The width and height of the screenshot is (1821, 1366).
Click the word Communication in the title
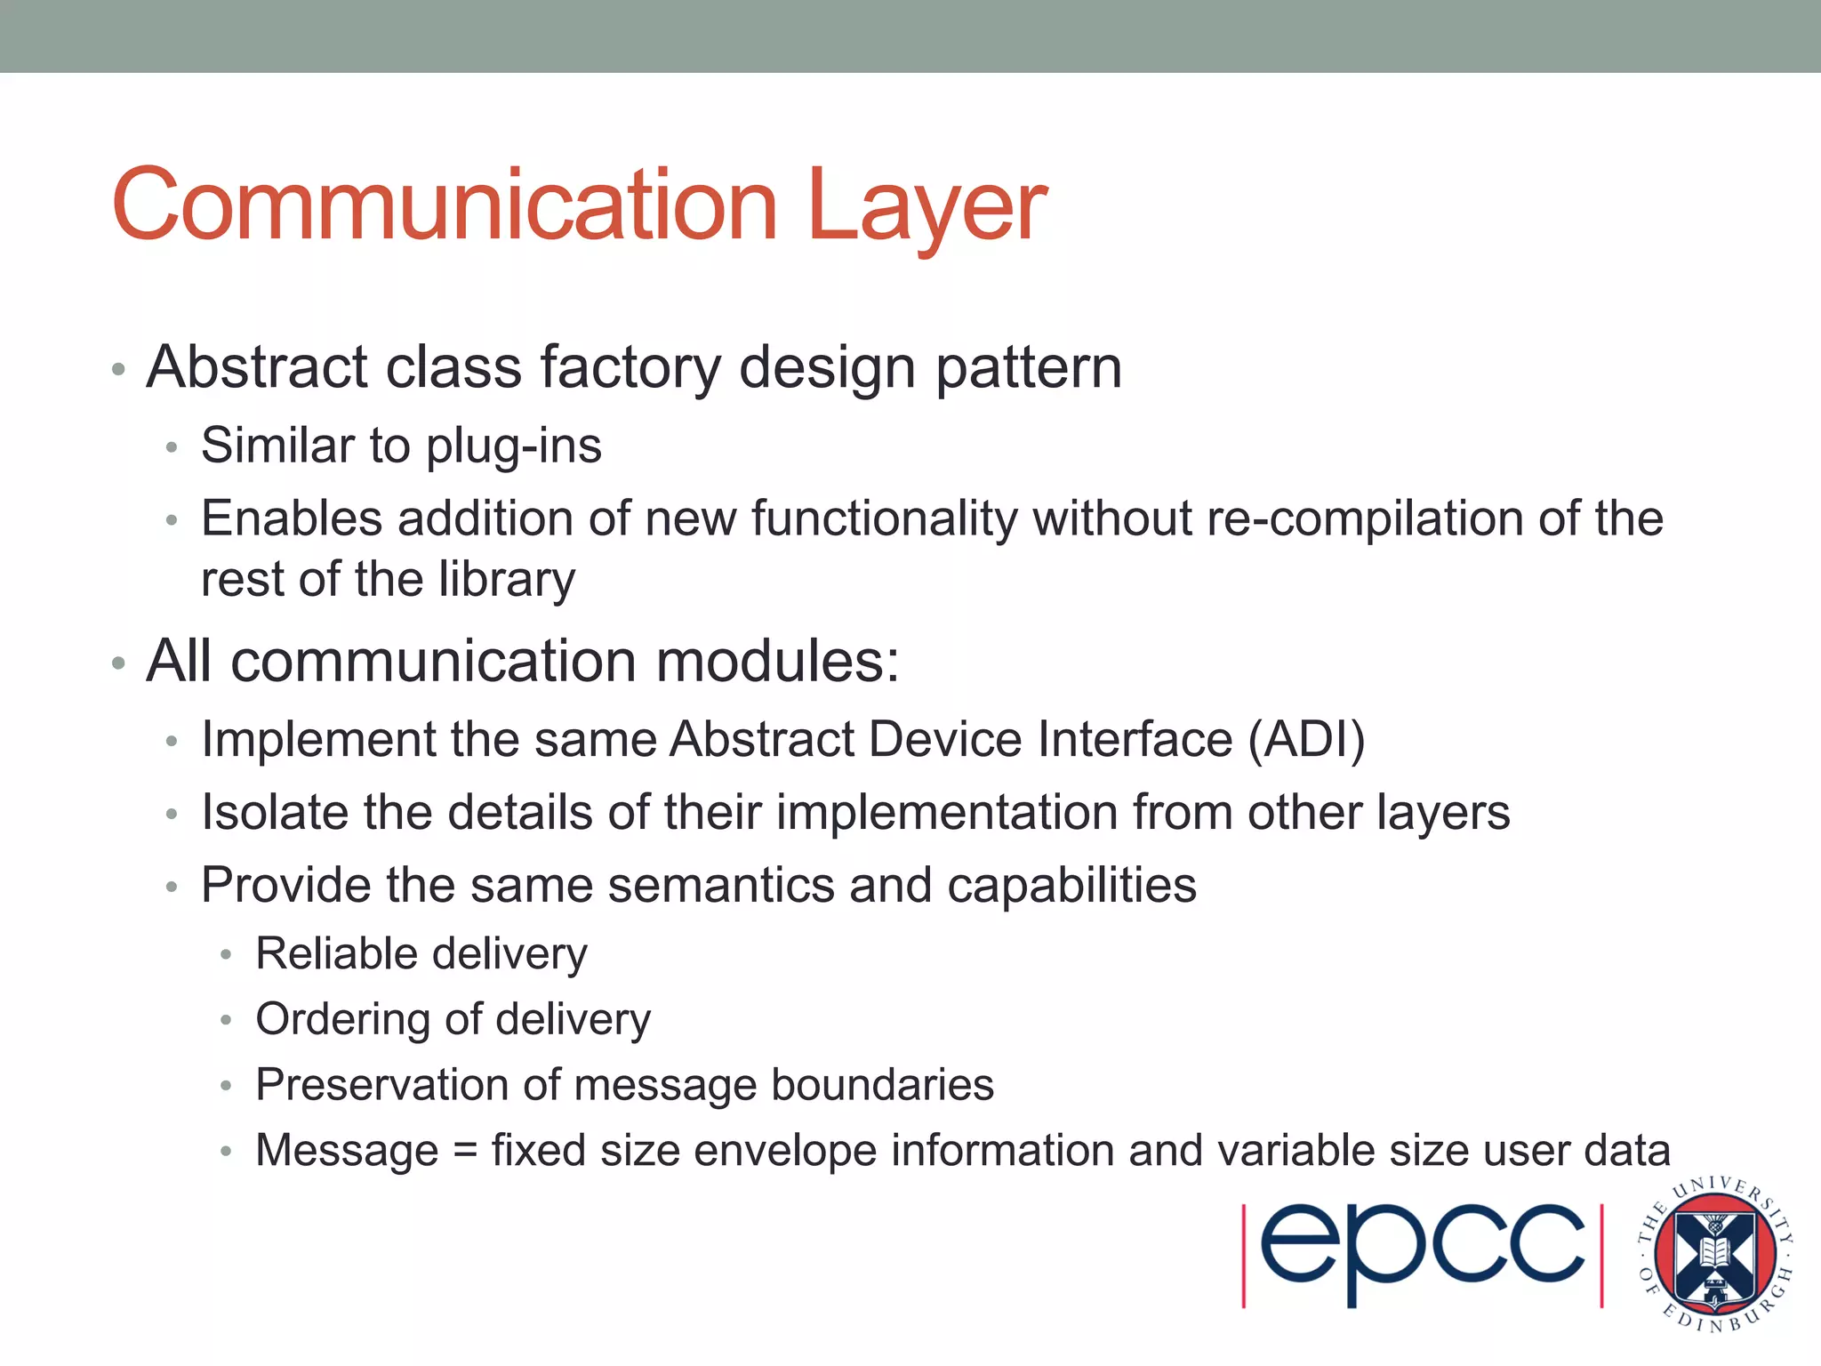pos(445,206)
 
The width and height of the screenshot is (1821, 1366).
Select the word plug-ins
pos(513,446)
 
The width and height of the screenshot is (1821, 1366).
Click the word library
pos(507,580)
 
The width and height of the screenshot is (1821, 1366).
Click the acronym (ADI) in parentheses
pos(1306,740)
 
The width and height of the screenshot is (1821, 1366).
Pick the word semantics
pos(720,886)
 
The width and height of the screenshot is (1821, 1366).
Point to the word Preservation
pos(381,1085)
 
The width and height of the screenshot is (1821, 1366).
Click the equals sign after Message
pos(465,1152)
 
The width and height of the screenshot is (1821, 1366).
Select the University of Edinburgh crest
pos(1713,1254)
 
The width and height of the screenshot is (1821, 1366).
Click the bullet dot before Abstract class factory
pos(118,369)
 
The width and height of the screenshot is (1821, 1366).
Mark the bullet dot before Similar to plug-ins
pos(172,447)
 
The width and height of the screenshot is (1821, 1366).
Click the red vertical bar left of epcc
pos(1244,1255)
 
